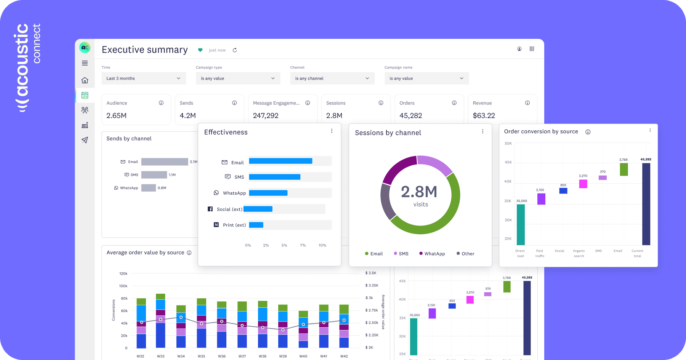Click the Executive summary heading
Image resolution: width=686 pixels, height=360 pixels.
[144, 50]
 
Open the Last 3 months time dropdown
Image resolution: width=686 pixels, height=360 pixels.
[143, 78]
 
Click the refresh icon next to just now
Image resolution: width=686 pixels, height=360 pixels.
[235, 50]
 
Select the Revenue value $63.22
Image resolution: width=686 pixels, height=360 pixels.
[484, 115]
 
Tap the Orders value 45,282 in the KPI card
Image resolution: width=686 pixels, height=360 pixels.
[410, 115]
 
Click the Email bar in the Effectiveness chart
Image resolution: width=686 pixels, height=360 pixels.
[280, 161]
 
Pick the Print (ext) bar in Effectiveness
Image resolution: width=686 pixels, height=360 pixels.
[256, 225]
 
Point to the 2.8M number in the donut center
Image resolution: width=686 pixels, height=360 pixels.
[419, 192]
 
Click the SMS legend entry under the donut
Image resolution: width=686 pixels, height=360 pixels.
[401, 254]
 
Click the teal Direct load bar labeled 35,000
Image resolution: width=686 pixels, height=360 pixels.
[521, 225]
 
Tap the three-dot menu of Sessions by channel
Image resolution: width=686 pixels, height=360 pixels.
[482, 131]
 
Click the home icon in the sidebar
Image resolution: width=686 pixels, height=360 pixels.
[85, 80]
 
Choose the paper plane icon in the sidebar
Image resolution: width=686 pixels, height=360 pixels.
[85, 140]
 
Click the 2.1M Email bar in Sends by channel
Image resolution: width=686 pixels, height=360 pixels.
[164, 162]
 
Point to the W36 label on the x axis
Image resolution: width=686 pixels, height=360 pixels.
[221, 356]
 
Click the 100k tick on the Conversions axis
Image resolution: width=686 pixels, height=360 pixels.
[123, 286]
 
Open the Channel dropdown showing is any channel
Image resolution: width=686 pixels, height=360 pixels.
[332, 78]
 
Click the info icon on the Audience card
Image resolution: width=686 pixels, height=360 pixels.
[161, 103]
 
